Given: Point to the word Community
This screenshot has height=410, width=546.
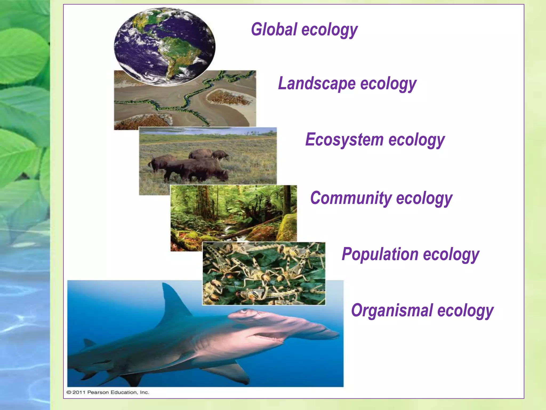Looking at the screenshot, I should pos(351,198).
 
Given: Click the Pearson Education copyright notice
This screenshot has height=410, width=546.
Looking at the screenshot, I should pos(108,392).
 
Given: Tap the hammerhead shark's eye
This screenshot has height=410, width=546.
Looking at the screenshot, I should pos(244,311).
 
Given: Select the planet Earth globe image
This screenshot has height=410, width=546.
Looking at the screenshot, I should pos(164,46).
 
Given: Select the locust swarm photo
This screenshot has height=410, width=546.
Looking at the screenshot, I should pos(264,274).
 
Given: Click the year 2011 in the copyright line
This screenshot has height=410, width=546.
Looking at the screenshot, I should pos(79,392).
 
